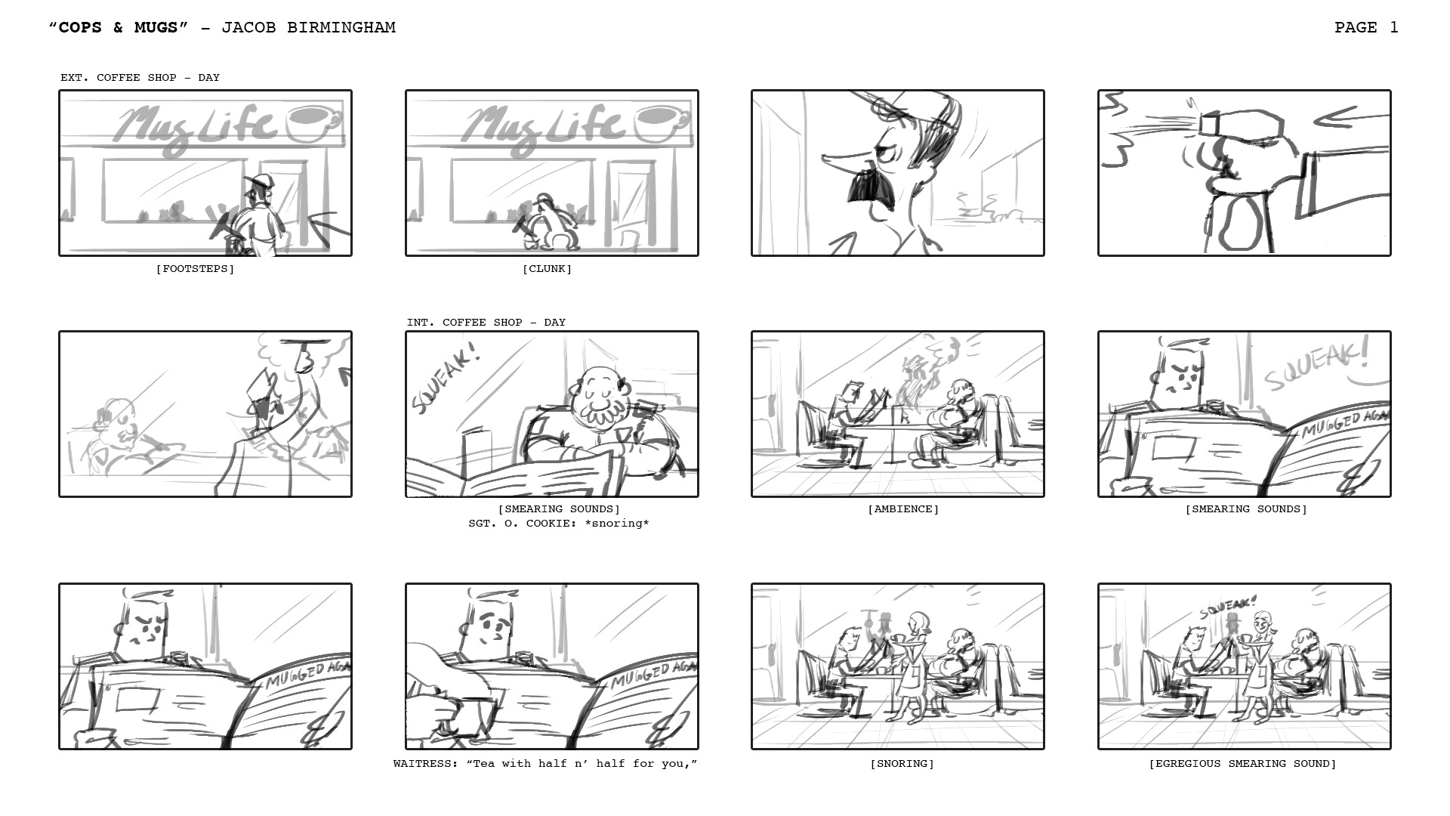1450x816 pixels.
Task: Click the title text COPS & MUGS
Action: pos(118,28)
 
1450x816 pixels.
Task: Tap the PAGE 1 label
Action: pos(1366,28)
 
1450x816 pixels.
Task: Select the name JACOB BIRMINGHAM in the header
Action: pos(308,28)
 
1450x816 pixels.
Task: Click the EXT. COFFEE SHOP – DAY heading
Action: pos(140,78)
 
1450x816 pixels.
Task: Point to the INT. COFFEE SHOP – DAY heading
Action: pos(486,323)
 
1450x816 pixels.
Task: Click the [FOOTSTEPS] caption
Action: pos(195,269)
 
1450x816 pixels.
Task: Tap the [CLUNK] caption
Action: pos(547,269)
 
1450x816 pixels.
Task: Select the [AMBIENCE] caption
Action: pos(903,509)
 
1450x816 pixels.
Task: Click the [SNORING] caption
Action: pos(902,764)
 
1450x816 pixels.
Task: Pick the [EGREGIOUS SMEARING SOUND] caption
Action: pos(1242,764)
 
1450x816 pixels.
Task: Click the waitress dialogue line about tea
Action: pos(545,764)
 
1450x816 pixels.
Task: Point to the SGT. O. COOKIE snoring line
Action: pos(559,524)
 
